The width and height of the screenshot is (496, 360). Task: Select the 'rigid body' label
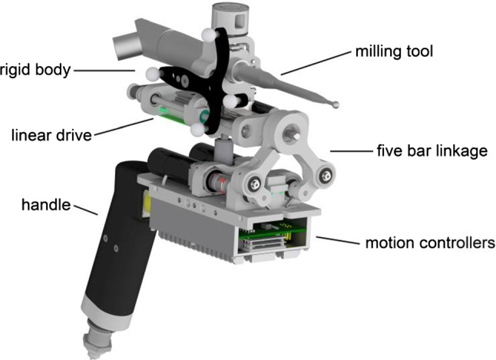[34, 71]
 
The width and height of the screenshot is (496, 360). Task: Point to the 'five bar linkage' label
[432, 151]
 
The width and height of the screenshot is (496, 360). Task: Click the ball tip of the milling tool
[335, 103]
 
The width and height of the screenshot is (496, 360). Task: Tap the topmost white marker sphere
[207, 35]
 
